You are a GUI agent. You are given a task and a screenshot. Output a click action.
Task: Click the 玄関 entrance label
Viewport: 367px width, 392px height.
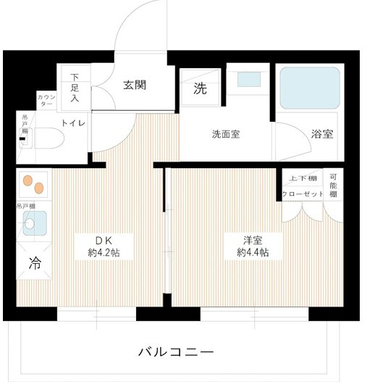pos(135,84)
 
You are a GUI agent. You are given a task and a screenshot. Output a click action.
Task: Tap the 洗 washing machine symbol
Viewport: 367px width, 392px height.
pos(199,89)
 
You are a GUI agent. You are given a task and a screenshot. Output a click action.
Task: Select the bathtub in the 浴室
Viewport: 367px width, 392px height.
pos(309,88)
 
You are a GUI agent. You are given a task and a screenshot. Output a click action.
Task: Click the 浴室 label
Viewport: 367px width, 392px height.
pos(322,134)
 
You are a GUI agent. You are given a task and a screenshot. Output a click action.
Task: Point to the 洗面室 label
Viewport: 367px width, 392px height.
pos(227,134)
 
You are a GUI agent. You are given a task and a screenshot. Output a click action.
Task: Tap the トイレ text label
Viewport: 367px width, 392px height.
pos(74,123)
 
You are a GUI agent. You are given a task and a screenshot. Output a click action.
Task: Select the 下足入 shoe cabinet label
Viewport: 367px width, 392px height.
pos(75,87)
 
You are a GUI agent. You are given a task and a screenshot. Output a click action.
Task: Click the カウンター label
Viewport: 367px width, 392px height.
pos(45,101)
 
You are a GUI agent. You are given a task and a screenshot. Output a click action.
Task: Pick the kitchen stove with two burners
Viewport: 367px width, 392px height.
pos(33,184)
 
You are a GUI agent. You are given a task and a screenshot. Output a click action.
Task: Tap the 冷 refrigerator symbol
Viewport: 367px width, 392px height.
pos(33,264)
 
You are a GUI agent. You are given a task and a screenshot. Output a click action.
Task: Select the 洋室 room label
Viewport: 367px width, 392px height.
pos(252,240)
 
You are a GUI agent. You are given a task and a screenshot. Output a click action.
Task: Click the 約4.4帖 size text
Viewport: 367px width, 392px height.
pos(253,253)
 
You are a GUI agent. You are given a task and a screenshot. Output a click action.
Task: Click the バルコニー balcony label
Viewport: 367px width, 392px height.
pos(176,353)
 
